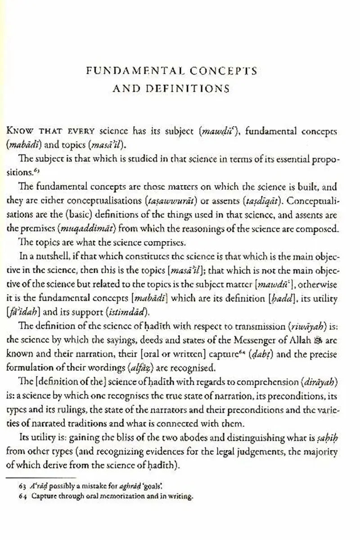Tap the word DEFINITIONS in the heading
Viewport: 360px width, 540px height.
click(x=194, y=89)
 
